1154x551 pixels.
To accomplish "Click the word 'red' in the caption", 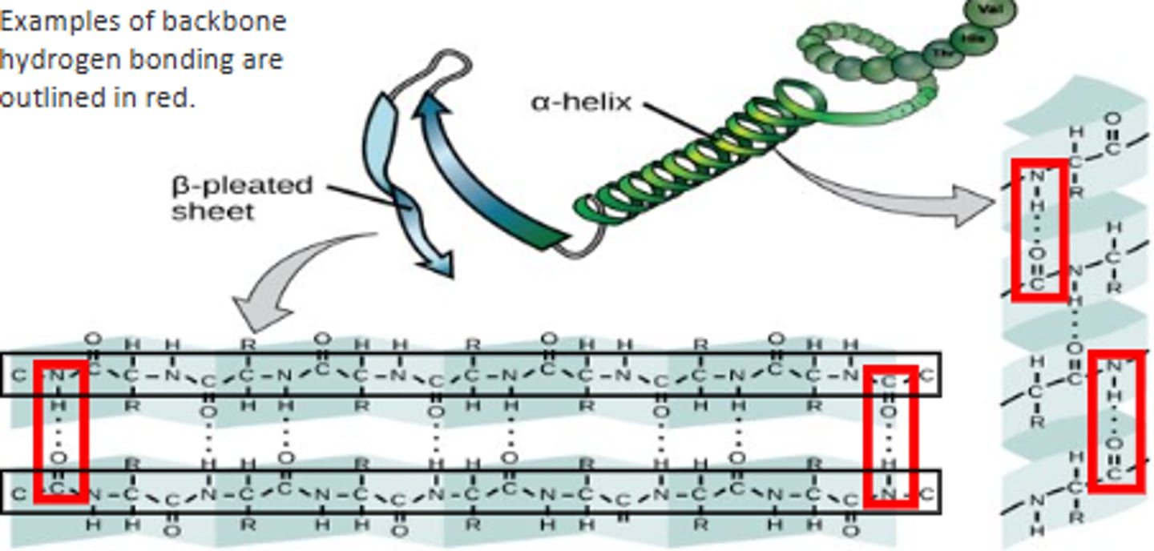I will pyautogui.click(x=173, y=98).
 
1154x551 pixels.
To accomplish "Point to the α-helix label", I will pyautogui.click(x=581, y=103).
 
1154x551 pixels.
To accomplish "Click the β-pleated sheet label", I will pyautogui.click(x=241, y=197).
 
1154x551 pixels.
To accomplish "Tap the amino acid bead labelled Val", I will pyautogui.click(x=993, y=10).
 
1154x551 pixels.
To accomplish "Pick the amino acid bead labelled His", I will pyautogui.click(x=973, y=38).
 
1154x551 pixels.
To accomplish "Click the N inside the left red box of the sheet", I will pyautogui.click(x=57, y=375).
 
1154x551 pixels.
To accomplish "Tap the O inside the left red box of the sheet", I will pyautogui.click(x=59, y=458).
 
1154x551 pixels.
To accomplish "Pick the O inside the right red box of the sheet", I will pyautogui.click(x=889, y=413).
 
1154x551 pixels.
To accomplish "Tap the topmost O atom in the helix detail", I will pyautogui.click(x=1112, y=119).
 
